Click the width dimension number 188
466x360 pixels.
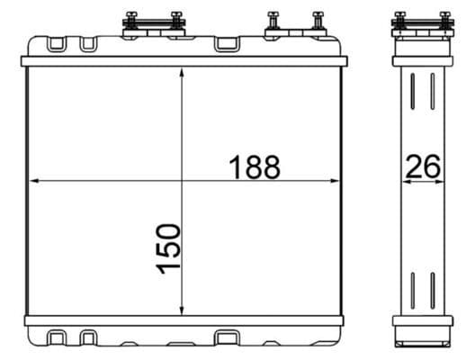click(x=255, y=167)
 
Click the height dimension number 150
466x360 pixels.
click(x=168, y=251)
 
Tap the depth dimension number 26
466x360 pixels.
click(x=423, y=167)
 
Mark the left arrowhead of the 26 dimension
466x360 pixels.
click(x=403, y=181)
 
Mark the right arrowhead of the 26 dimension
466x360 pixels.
click(x=443, y=181)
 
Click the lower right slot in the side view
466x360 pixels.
click(x=433, y=288)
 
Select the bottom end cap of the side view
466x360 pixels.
click(x=422, y=340)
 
